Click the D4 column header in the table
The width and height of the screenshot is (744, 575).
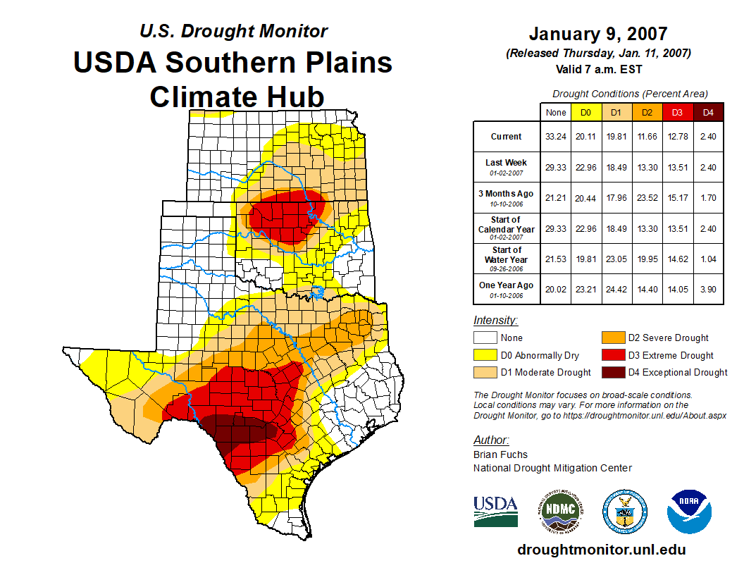click(708, 112)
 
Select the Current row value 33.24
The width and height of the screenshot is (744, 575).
click(556, 137)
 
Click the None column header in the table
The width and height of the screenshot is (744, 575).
click(556, 112)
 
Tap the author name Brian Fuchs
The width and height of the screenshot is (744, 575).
click(500, 454)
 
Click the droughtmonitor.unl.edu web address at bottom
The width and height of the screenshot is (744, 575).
click(601, 550)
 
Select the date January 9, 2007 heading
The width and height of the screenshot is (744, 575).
click(597, 34)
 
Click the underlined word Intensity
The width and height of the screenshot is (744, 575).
click(495, 321)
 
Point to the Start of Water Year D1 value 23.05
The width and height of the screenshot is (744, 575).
click(616, 259)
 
